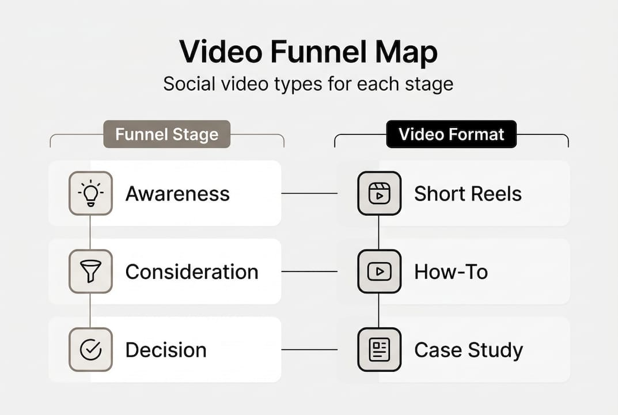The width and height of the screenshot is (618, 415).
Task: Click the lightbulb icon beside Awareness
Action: tap(90, 193)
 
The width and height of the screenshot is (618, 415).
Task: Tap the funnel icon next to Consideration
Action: tap(90, 271)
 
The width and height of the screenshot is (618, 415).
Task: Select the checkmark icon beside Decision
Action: tap(90, 350)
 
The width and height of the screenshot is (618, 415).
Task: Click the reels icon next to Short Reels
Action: tap(379, 193)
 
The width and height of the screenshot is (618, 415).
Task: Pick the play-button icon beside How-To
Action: tap(379, 271)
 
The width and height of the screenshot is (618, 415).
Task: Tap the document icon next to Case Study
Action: tap(379, 350)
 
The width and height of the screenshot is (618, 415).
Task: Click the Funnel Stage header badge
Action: tap(166, 134)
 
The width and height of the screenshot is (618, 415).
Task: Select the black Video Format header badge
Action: tap(451, 134)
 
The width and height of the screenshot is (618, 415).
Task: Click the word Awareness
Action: tap(177, 194)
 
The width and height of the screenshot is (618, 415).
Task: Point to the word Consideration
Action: tap(192, 271)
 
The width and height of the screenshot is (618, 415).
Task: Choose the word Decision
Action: tap(165, 350)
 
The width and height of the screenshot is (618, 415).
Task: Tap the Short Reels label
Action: tap(468, 194)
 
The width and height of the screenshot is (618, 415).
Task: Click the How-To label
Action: tap(451, 271)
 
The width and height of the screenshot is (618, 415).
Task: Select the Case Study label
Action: tap(468, 350)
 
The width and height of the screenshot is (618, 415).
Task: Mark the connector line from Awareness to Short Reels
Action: tap(309, 193)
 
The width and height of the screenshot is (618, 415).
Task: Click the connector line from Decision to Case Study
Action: tap(309, 350)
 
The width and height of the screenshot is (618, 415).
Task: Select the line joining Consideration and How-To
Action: tap(309, 271)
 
